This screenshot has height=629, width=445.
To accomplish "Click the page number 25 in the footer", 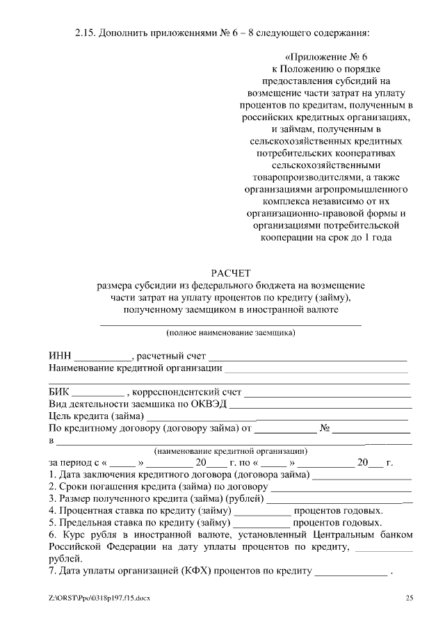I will click(410, 598).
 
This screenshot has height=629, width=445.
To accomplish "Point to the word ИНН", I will click(60, 357).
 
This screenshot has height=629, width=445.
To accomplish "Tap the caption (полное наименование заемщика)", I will click(230, 333).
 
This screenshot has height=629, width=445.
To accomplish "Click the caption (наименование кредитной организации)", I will click(230, 450).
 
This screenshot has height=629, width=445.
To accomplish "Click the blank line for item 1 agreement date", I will click(362, 477).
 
